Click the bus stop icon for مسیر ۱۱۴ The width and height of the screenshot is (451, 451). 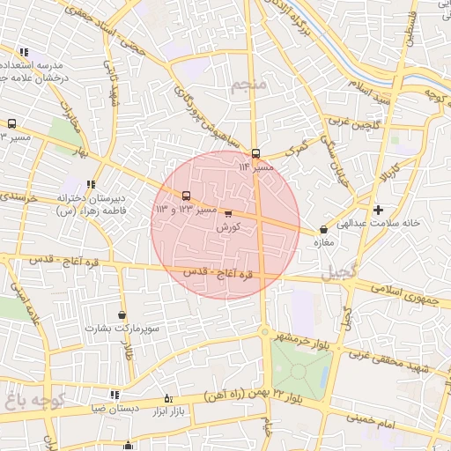255,152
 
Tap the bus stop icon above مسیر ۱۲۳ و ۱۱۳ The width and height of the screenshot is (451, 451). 185,196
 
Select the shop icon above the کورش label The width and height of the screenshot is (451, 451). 229,213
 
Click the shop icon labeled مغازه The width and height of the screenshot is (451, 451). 323,230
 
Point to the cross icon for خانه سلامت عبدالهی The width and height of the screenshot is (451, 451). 378,210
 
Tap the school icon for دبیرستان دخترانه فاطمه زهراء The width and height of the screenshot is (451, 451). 91,183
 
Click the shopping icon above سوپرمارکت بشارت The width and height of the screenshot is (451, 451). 122,314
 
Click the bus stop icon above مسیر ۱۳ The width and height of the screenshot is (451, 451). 12,124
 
